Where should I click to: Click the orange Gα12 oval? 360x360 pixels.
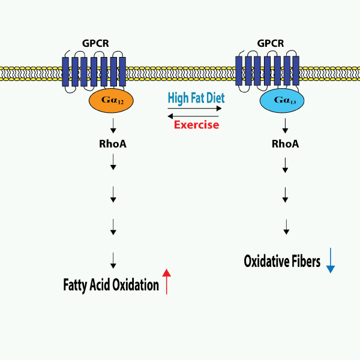point(112,102)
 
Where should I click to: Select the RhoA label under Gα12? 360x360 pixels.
point(113,144)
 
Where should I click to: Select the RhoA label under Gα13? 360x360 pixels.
point(286,145)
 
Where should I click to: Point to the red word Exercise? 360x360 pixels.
point(196,125)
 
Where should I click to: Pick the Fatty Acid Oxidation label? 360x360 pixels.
point(111,284)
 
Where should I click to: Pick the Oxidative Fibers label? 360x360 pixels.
point(282,262)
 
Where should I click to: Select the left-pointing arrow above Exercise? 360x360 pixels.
point(193,116)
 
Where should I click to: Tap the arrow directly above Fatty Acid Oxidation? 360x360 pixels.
point(113,259)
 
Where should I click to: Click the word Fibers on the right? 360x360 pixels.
point(304,262)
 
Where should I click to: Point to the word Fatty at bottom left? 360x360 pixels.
point(75,284)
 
